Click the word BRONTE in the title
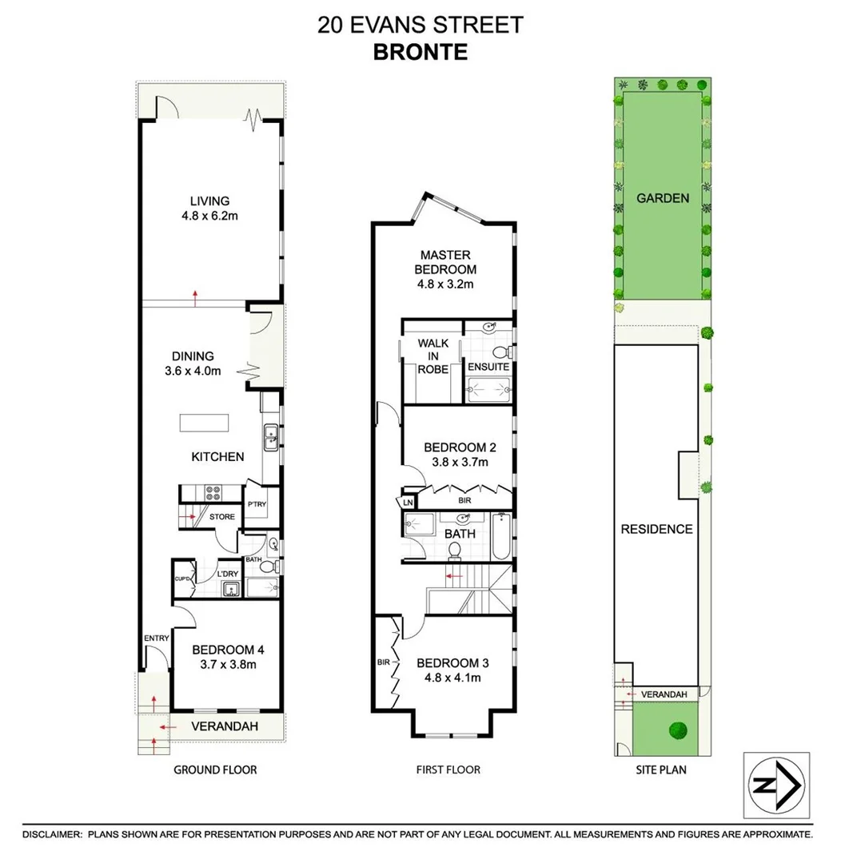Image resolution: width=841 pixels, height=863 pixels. pyautogui.click(x=420, y=52)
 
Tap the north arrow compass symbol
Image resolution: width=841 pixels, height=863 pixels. pyautogui.click(x=776, y=785)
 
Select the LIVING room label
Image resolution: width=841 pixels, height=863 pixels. pyautogui.click(x=209, y=201)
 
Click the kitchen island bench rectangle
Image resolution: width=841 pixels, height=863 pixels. pyautogui.click(x=204, y=422)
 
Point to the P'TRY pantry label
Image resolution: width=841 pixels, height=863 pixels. pyautogui.click(x=257, y=504)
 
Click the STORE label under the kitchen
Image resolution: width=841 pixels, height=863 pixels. pyautogui.click(x=222, y=517)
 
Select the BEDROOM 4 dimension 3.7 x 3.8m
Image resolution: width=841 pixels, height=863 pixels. pyautogui.click(x=228, y=663)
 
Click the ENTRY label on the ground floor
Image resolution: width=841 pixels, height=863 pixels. pyautogui.click(x=157, y=638)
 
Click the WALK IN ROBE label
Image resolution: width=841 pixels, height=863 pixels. pyautogui.click(x=433, y=356)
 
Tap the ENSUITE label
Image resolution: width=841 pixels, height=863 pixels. pyautogui.click(x=488, y=367)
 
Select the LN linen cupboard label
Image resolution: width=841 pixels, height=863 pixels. pyautogui.click(x=407, y=503)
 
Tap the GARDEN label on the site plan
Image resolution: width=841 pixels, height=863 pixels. pyautogui.click(x=663, y=198)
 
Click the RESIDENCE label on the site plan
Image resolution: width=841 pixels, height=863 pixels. pyautogui.click(x=657, y=529)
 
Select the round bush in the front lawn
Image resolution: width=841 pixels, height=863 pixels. pyautogui.click(x=679, y=730)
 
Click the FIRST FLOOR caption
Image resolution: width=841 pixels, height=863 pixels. pyautogui.click(x=448, y=770)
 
